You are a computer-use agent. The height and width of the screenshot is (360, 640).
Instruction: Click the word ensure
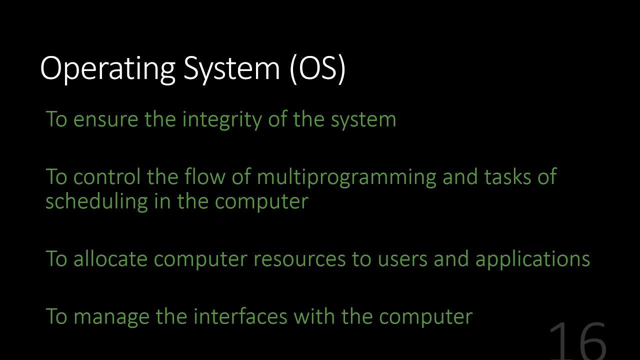[x=105, y=119]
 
